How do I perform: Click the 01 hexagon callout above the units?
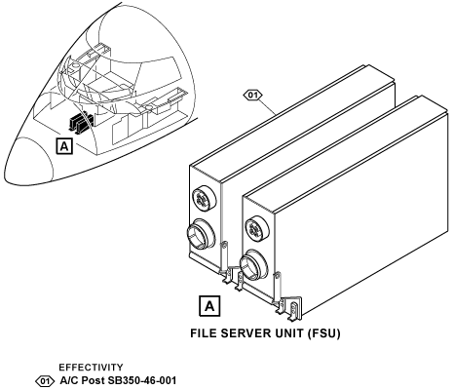coord(252,96)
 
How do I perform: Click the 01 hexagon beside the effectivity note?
coord(45,380)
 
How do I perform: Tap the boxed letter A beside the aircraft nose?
coord(64,146)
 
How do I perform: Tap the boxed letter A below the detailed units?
coord(209,306)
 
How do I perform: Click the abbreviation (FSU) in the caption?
coord(324,333)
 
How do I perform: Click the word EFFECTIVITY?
coord(91,368)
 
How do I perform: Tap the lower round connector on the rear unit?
coord(202,234)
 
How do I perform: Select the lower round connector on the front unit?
coord(254,264)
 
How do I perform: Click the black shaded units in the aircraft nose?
coord(80,123)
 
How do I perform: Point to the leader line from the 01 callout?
coord(268,105)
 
